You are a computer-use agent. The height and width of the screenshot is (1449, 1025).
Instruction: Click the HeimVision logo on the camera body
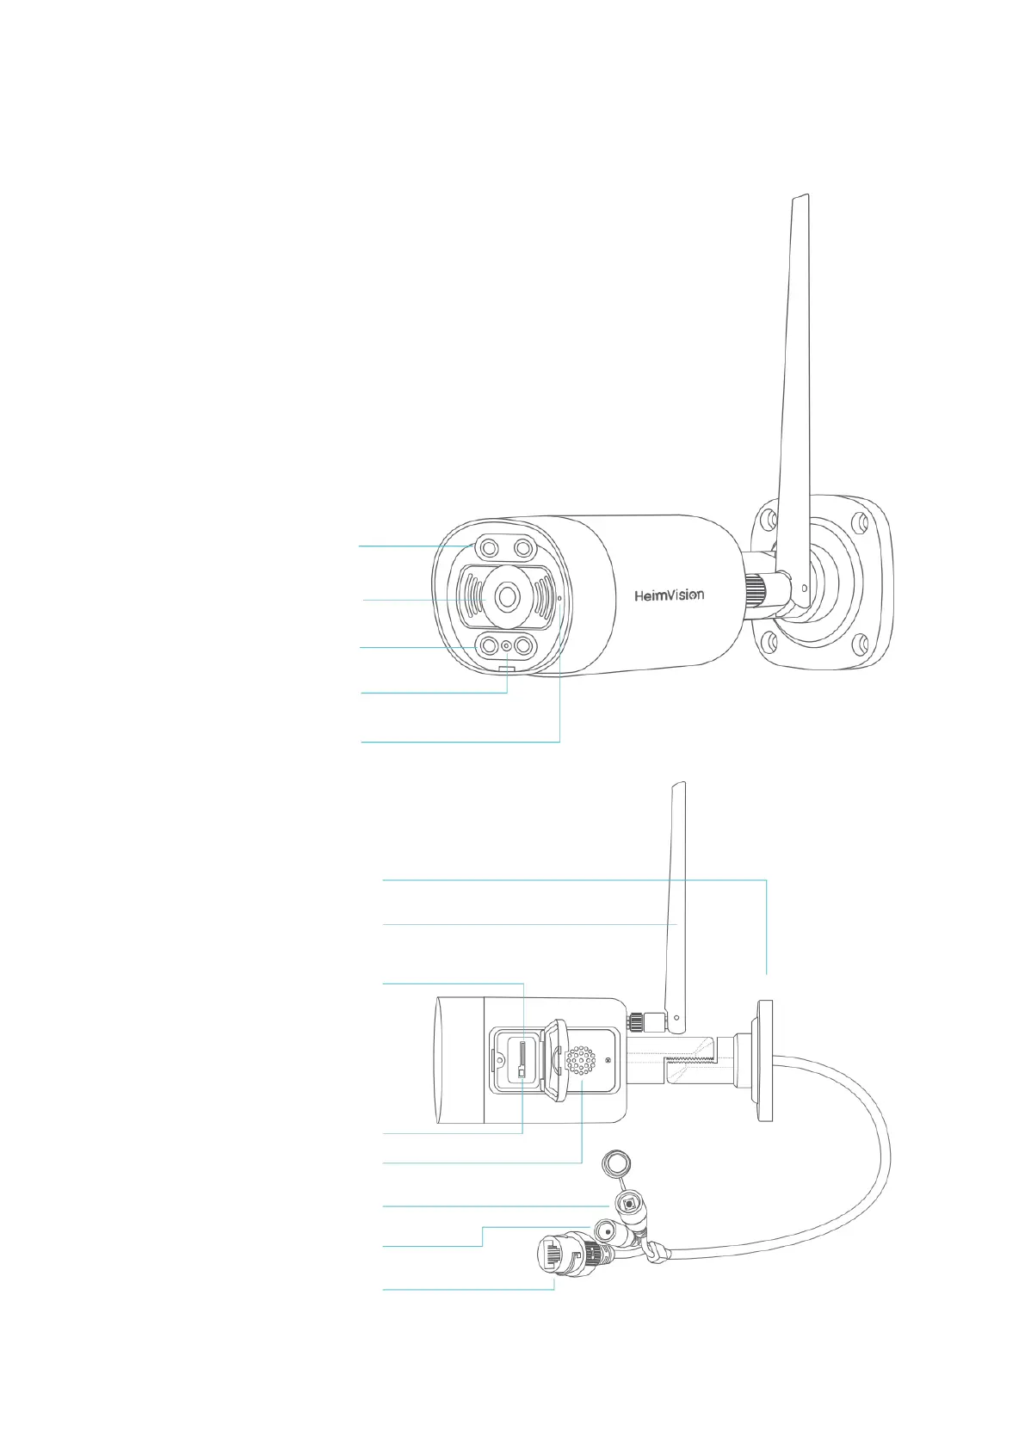(669, 595)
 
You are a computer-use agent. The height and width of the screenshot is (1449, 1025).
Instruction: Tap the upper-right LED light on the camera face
(522, 547)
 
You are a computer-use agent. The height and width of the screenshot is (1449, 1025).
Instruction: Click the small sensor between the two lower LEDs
(507, 646)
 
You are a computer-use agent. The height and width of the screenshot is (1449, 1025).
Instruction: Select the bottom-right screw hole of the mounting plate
(858, 644)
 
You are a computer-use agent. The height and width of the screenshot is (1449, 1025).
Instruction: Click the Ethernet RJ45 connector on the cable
(558, 1256)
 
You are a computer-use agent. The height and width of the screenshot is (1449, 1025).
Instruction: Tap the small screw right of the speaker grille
(608, 1059)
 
